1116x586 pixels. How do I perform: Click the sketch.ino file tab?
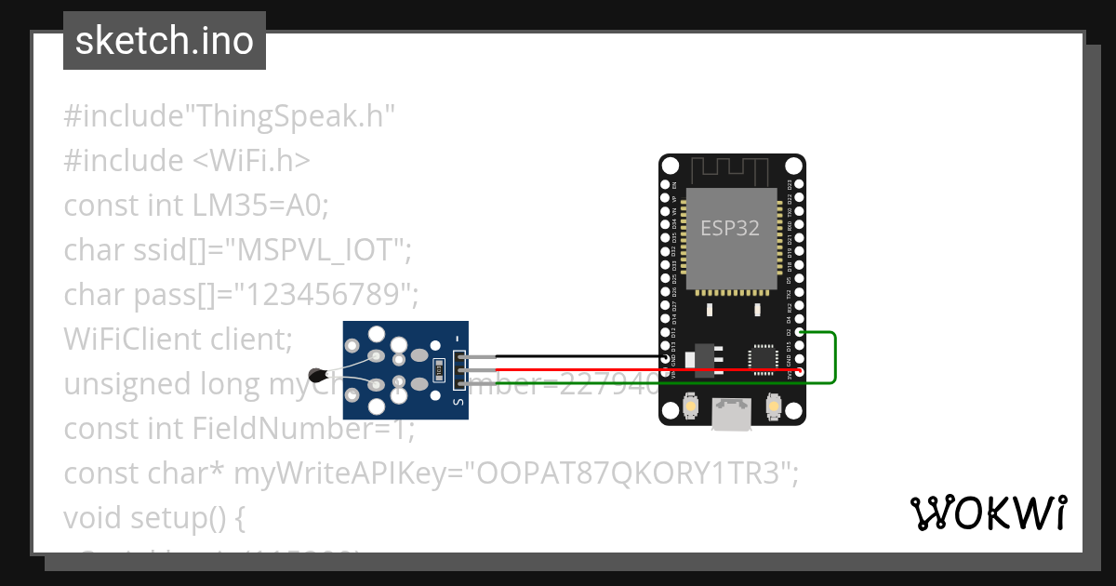coord(165,41)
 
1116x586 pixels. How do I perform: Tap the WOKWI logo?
coord(987,513)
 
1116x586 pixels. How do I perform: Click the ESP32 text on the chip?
coord(730,229)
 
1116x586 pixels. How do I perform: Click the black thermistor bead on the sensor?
coord(320,376)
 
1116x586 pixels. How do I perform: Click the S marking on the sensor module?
coord(457,402)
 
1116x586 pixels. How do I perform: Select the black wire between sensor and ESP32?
coord(577,356)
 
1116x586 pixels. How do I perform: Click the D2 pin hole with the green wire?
coord(800,332)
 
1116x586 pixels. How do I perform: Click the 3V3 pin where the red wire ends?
coord(800,372)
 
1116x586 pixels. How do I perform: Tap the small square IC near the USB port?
coord(763,356)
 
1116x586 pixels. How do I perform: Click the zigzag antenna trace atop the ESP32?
coord(731,168)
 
